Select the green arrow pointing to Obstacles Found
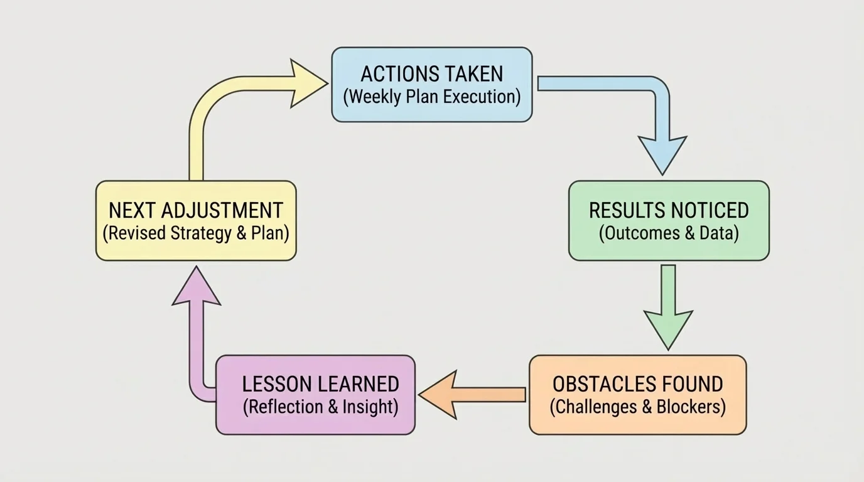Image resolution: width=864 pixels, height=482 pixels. [x=668, y=308]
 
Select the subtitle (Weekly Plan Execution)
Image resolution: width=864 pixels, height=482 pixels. [x=432, y=97]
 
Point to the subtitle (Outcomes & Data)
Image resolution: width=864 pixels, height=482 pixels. [x=668, y=233]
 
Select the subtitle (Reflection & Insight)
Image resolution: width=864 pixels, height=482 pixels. [x=320, y=407]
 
